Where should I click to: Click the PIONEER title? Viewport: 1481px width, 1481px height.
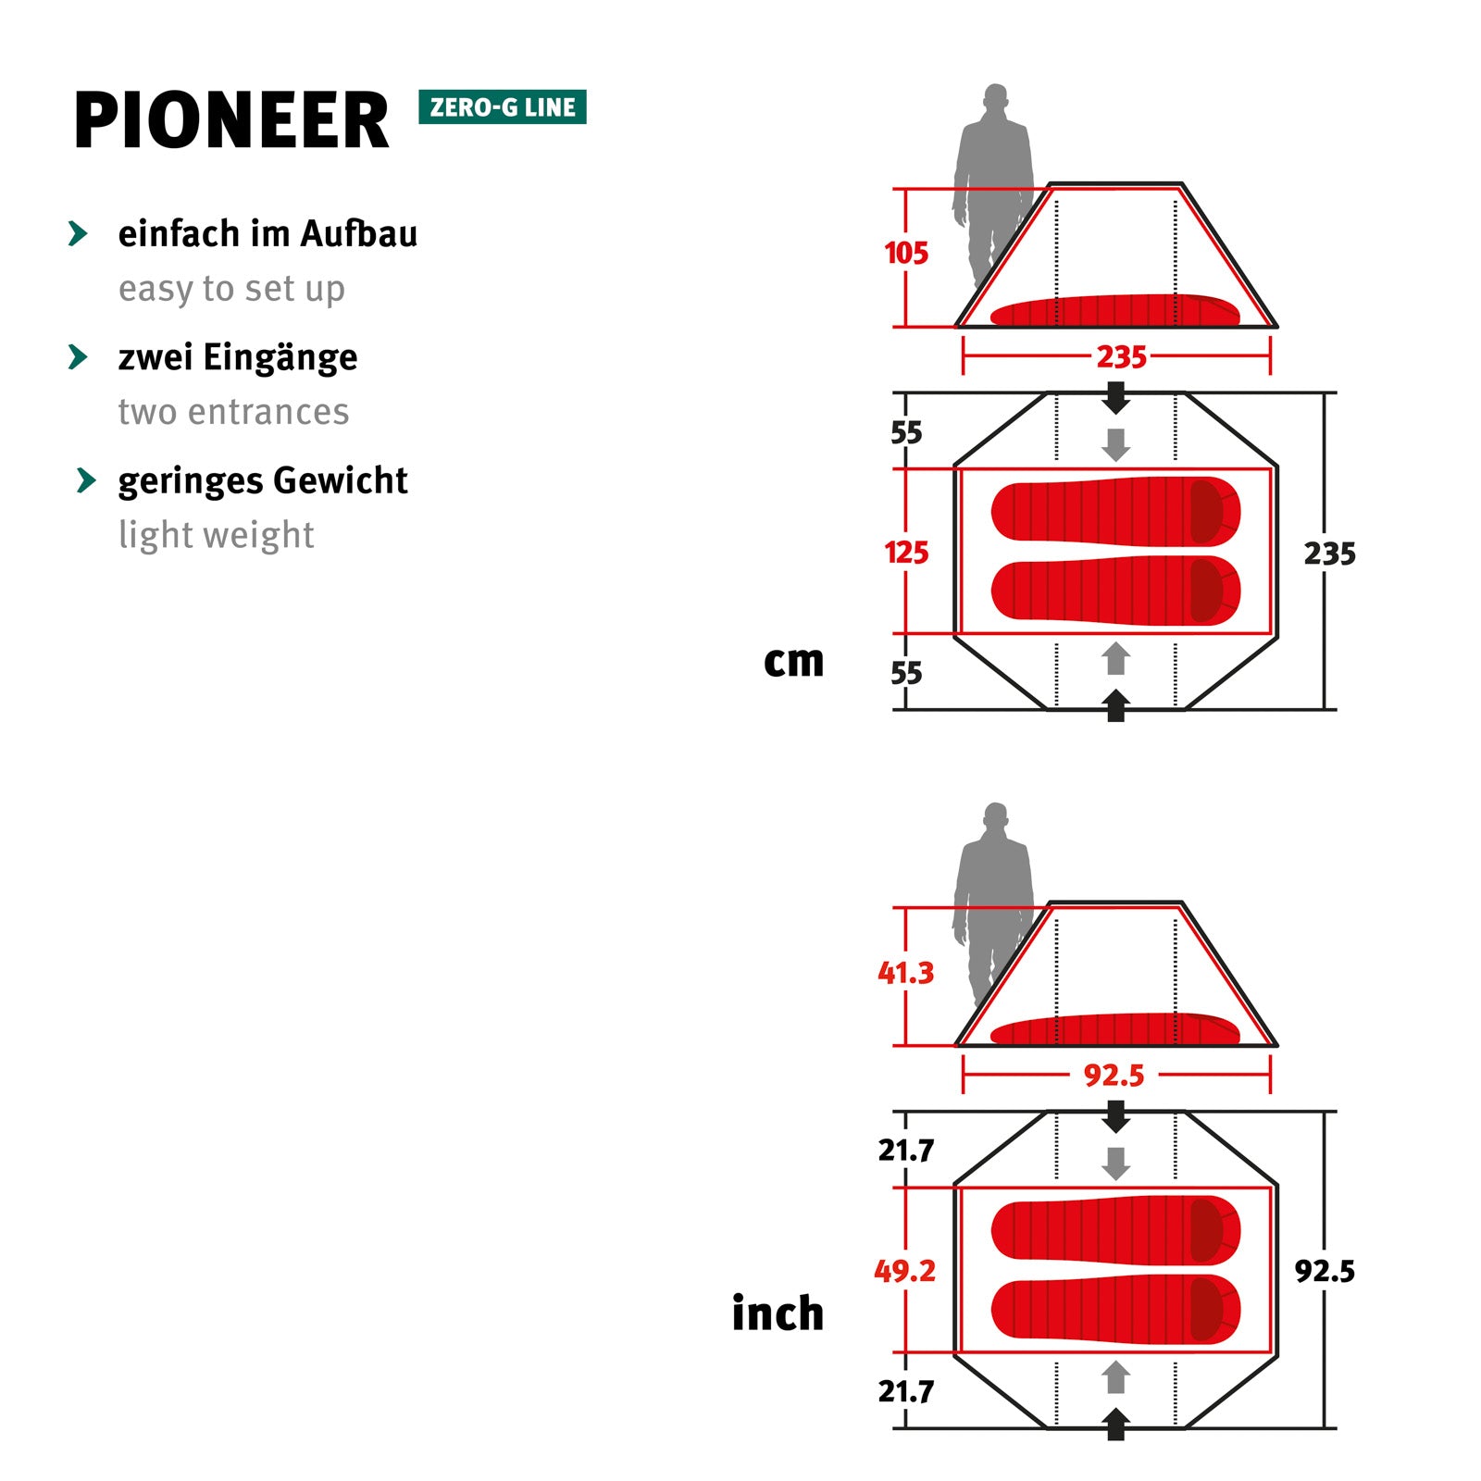pyautogui.click(x=231, y=121)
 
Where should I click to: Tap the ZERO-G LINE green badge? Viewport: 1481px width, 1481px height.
pyautogui.click(x=503, y=107)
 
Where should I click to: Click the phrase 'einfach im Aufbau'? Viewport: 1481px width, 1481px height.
pyautogui.click(x=268, y=234)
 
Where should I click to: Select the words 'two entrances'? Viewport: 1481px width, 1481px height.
pyautogui.click(x=233, y=412)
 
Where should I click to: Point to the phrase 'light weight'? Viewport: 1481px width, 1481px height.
pyautogui.click(x=216, y=535)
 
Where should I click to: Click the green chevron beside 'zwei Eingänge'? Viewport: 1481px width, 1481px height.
pyautogui.click(x=79, y=357)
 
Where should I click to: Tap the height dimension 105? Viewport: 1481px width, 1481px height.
pyautogui.click(x=905, y=254)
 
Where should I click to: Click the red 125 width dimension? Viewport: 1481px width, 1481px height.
pyautogui.click(x=905, y=553)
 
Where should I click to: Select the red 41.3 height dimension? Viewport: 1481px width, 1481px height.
pyautogui.click(x=905, y=973)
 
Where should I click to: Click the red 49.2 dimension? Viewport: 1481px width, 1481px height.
pyautogui.click(x=904, y=1271)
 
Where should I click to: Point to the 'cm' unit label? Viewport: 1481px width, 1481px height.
pyautogui.click(x=793, y=661)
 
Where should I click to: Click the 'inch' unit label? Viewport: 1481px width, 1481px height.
pyautogui.click(x=778, y=1313)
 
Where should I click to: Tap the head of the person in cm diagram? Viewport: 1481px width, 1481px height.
pyautogui.click(x=995, y=97)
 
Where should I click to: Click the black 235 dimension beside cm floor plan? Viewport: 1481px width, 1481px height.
pyautogui.click(x=1329, y=554)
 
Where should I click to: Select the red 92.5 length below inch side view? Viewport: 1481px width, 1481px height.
pyautogui.click(x=1114, y=1076)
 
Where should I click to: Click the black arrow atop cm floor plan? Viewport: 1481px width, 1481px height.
pyautogui.click(x=1116, y=398)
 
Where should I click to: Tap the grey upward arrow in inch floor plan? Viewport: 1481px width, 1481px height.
pyautogui.click(x=1116, y=1376)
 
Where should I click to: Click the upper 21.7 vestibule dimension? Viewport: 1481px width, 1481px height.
pyautogui.click(x=905, y=1151)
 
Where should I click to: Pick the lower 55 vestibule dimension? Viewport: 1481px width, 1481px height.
pyautogui.click(x=905, y=673)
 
